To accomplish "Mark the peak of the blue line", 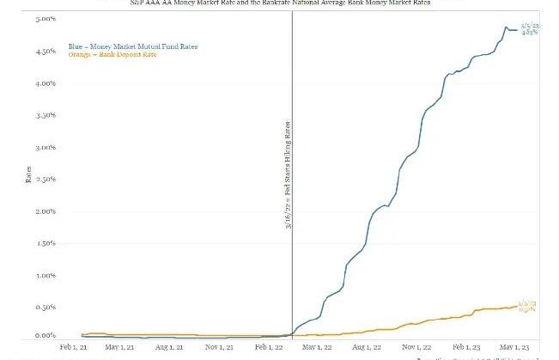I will coord(506,27).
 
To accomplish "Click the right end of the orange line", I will coord(517,306).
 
